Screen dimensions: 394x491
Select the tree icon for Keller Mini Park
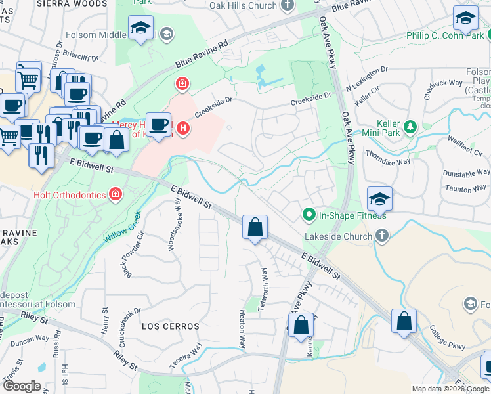(x=410, y=125)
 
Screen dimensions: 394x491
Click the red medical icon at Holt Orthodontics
(x=116, y=194)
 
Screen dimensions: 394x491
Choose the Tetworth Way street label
(x=265, y=282)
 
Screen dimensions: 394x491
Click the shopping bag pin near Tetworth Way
(x=255, y=228)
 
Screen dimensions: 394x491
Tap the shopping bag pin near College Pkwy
(x=404, y=321)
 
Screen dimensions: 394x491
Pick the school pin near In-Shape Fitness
(x=379, y=198)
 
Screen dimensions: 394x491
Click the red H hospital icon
(x=184, y=127)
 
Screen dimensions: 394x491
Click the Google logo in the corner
(x=22, y=386)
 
